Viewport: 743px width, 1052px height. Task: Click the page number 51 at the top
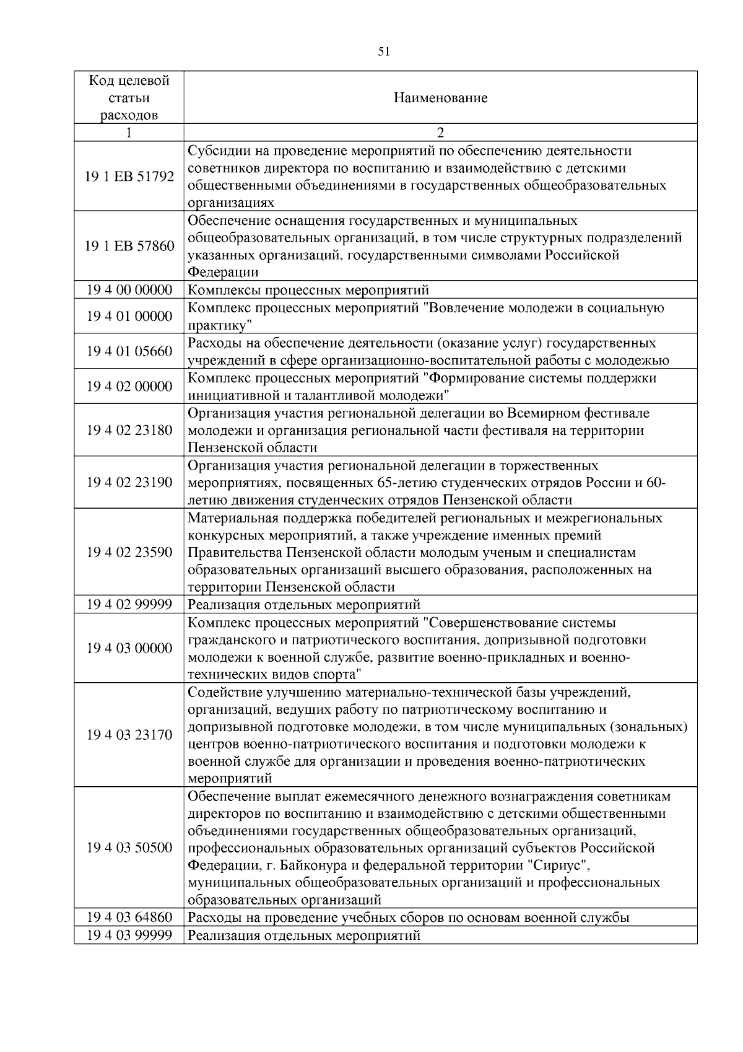pos(383,52)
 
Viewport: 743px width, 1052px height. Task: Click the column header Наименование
pos(440,98)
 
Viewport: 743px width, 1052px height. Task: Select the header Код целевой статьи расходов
pos(129,98)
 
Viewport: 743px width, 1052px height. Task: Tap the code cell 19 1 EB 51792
pos(129,177)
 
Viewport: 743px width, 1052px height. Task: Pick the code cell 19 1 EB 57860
pos(129,247)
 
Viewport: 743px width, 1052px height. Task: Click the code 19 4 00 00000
pos(129,290)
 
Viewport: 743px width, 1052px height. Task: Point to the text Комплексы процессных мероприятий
pos(308,291)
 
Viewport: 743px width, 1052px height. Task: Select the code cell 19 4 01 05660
pos(129,351)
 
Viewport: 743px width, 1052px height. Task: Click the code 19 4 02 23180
pos(129,430)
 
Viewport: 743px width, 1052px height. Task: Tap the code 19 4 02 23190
pos(129,482)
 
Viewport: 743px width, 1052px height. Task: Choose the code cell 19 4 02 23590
pos(129,552)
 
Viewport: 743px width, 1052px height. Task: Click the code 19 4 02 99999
pos(129,604)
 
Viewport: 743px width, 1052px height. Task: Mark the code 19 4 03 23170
pos(129,735)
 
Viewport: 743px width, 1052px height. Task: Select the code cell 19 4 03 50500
pos(129,848)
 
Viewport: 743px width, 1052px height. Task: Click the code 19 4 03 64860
pos(129,918)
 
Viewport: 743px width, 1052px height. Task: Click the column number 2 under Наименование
pos(440,133)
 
